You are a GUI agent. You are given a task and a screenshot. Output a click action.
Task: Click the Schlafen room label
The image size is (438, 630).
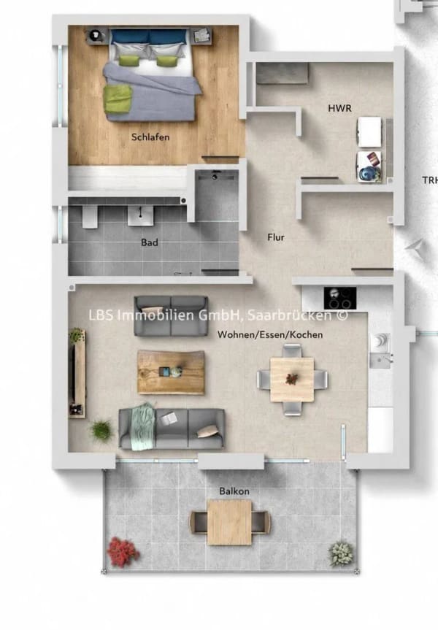tap(150, 137)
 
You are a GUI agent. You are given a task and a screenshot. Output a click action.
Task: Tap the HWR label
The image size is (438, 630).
tap(339, 108)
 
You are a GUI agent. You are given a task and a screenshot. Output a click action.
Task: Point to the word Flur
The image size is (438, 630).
tap(276, 237)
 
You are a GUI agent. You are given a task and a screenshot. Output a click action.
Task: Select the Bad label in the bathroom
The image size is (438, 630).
tap(149, 242)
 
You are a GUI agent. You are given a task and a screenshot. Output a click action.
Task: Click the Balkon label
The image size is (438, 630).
tap(234, 491)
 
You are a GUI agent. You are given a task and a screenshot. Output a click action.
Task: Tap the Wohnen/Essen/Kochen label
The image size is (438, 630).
tap(270, 334)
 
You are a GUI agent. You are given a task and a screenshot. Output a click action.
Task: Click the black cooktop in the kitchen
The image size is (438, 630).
tap(340, 298)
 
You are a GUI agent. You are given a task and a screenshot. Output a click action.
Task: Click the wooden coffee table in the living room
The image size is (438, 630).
tap(171, 372)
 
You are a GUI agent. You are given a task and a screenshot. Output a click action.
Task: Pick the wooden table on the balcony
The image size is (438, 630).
tap(229, 522)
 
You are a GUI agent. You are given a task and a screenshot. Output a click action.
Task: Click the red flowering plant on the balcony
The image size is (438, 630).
tap(123, 553)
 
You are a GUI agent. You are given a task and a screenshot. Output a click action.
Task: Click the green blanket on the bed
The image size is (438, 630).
tap(118, 99)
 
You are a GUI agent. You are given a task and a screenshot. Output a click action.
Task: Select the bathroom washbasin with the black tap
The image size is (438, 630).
tap(141, 216)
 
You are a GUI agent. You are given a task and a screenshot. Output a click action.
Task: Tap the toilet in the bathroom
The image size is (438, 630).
tap(91, 217)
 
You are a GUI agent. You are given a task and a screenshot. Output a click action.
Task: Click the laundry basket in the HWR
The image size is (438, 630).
tap(369, 166)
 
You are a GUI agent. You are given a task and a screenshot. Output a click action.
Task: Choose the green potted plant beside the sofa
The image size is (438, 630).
tap(101, 429)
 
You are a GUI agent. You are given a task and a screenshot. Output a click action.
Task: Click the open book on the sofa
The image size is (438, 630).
tap(169, 418)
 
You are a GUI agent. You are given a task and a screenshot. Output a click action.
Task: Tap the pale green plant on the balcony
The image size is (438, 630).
tap(341, 553)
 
